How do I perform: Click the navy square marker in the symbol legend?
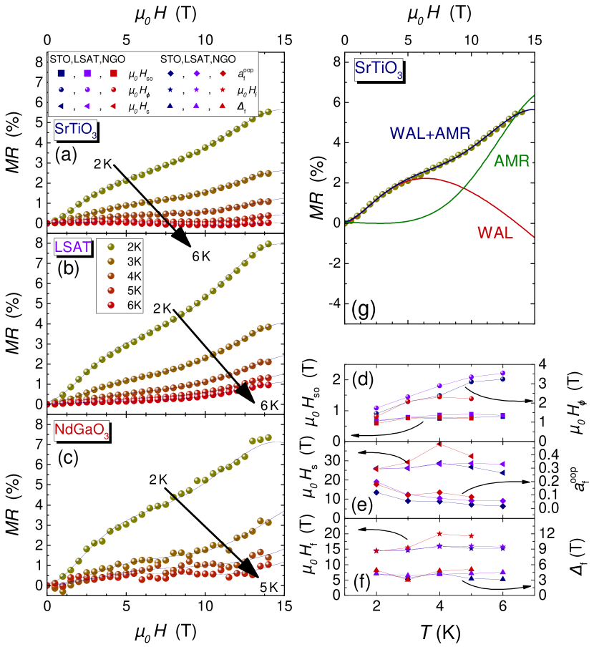[61, 73]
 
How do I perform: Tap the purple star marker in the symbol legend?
[196, 89]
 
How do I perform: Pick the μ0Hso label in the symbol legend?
[140, 74]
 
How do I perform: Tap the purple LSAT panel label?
[73, 247]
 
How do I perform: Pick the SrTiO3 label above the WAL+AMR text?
[379, 69]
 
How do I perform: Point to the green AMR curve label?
[512, 162]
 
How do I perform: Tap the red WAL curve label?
[495, 233]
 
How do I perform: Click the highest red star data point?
[439, 533]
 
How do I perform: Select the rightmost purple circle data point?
[502, 373]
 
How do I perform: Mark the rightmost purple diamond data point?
[502, 500]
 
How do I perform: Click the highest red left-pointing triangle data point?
[439, 444]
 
